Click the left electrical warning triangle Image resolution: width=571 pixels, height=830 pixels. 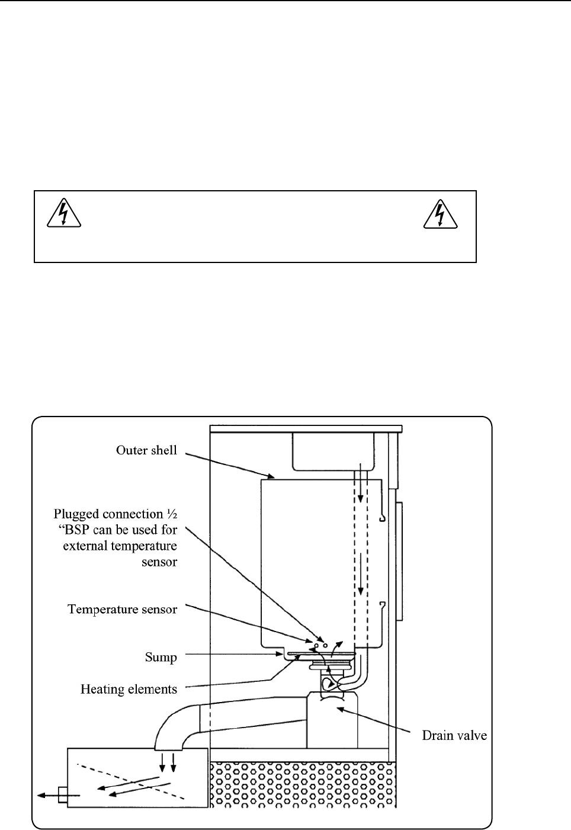63,214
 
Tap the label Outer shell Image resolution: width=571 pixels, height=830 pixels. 146,450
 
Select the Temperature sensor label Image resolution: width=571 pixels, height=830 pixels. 122,609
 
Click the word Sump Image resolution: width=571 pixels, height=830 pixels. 161,657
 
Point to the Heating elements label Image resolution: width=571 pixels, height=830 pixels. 129,689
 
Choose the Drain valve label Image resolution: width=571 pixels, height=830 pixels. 454,736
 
